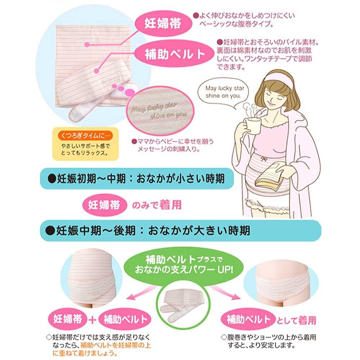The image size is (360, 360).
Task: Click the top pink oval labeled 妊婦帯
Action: pyautogui.click(x=163, y=23)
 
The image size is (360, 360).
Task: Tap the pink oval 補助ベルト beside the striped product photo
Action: pyautogui.click(x=174, y=54)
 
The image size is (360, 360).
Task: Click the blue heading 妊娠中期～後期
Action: pyautogui.click(x=180, y=230)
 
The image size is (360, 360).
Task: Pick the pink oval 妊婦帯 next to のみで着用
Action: pyautogui.click(x=104, y=205)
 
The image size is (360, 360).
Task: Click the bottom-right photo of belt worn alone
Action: pyautogui.click(x=281, y=284)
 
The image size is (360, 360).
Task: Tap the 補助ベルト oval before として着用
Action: pyautogui.click(x=248, y=320)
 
